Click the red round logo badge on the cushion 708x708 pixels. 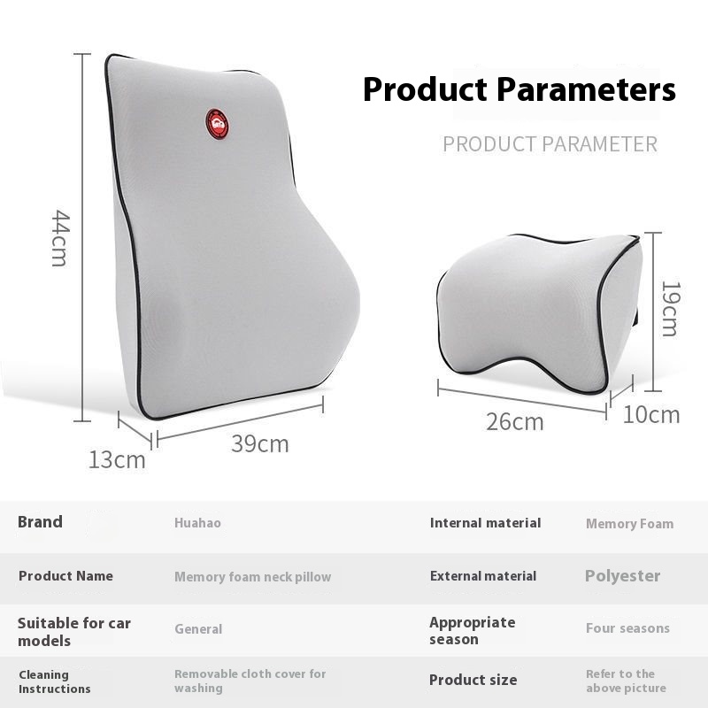217,124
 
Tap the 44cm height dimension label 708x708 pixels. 60,238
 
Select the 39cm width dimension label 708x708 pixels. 260,443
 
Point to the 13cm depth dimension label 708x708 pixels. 117,459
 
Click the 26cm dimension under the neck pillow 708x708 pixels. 515,422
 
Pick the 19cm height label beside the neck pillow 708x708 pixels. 670,309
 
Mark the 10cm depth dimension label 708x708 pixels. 651,414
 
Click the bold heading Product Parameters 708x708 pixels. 519,89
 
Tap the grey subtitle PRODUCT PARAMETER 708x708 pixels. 550,144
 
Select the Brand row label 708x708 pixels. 40,522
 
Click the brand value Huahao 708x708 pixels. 197,523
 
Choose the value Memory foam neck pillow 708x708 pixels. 253,577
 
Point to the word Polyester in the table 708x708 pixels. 623,576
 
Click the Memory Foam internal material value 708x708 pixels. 630,524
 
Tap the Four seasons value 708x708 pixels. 628,628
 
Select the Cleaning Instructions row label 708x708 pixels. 55,681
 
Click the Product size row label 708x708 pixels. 473,680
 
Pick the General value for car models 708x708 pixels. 198,629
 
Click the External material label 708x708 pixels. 483,576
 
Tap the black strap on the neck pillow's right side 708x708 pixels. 636,317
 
